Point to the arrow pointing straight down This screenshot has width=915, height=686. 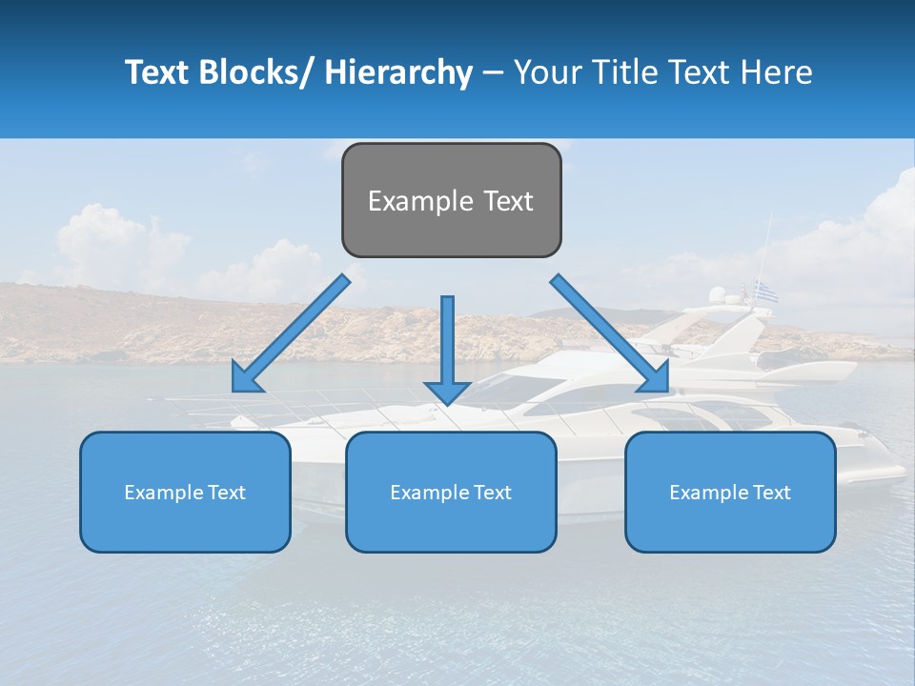click(447, 348)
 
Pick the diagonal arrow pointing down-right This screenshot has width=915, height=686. click(610, 333)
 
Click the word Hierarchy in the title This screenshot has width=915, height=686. click(398, 72)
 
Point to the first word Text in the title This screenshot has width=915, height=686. click(156, 72)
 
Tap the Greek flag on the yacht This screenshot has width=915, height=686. click(766, 292)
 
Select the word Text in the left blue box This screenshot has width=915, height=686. click(226, 493)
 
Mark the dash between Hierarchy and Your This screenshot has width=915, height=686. click(493, 72)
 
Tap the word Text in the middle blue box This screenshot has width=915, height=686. click(492, 493)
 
